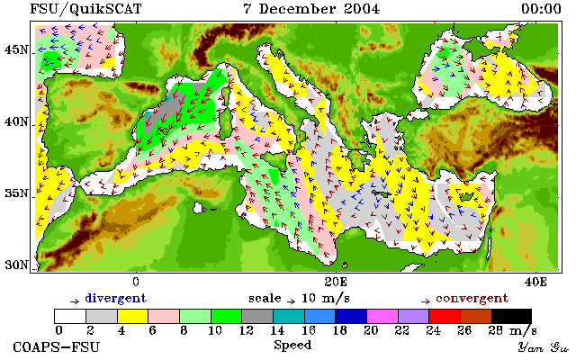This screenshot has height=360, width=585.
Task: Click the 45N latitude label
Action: coord(16,49)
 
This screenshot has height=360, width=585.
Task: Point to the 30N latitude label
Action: coord(16,265)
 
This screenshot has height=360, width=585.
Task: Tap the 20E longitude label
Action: coord(336,282)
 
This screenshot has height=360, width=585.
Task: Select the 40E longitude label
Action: coord(535,282)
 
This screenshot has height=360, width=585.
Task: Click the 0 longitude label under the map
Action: coord(136,282)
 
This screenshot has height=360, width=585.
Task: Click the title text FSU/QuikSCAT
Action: coord(85,9)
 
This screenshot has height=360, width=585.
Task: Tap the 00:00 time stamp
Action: coord(541,9)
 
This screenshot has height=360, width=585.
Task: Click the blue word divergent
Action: coord(116,299)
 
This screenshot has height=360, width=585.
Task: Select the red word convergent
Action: coord(472,299)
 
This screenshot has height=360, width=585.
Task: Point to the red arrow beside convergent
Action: coord(426,301)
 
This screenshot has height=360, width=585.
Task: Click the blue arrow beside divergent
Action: coord(75,301)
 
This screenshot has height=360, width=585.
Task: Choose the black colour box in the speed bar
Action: coord(511,317)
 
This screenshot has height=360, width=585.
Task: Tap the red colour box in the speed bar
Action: coord(445,317)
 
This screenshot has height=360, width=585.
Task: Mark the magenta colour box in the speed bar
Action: coord(382,317)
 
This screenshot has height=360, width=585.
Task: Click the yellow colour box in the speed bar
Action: coord(133,317)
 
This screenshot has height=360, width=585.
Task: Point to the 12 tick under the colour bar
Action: coord(246,330)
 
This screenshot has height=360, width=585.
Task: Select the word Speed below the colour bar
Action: coord(292,345)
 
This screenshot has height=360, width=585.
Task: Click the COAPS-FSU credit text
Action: coord(57,347)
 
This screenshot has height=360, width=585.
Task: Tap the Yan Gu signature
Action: coord(543,348)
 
